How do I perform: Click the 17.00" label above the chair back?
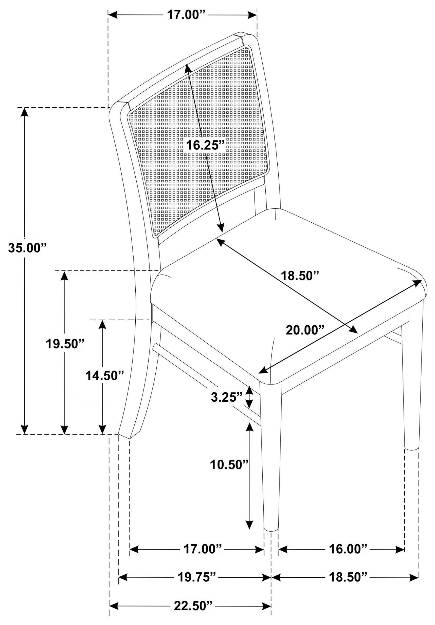pyautogui.click(x=187, y=14)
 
